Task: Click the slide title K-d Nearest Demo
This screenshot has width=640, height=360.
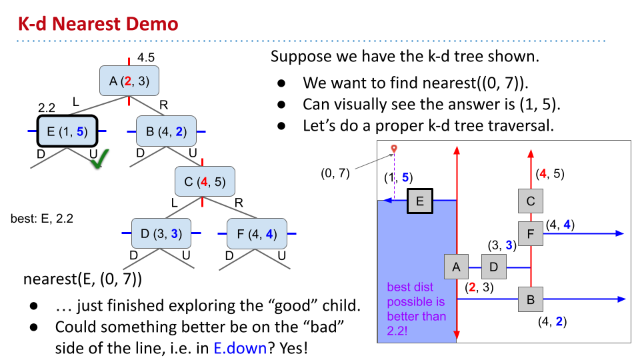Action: (x=98, y=25)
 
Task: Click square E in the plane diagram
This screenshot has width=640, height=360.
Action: (x=420, y=200)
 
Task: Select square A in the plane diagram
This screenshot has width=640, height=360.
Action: (x=457, y=267)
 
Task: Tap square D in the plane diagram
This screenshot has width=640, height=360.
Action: (x=494, y=267)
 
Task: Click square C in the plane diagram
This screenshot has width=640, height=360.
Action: (x=531, y=200)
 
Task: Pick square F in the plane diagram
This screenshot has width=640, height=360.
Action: (x=531, y=233)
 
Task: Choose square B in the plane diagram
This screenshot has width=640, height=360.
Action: (x=531, y=299)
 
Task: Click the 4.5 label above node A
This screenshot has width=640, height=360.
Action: (x=145, y=58)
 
